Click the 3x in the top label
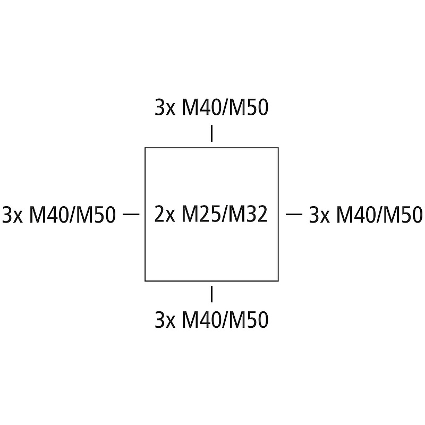point(165,108)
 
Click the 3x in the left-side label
point(12,215)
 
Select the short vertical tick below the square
point(212,294)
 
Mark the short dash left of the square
point(131,214)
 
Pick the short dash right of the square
point(294,214)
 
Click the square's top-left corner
point(145,148)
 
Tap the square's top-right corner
point(278,148)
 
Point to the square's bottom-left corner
point(145,280)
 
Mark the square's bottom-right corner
point(278,280)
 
